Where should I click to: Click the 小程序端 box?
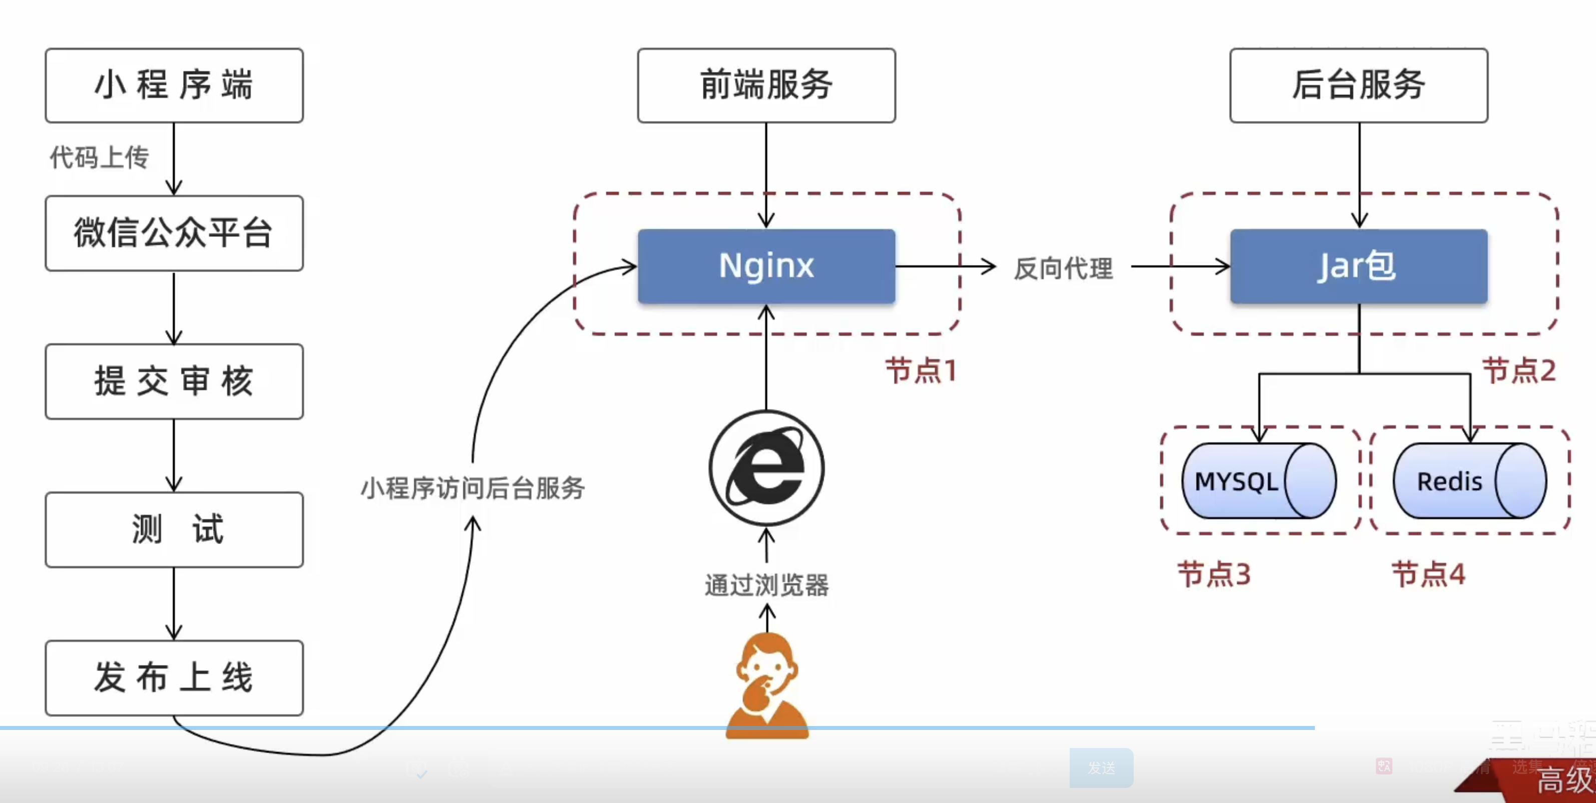174,85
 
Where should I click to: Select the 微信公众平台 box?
174,233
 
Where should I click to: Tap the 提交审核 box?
174,381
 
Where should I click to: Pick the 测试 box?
174,530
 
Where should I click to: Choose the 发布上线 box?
174,678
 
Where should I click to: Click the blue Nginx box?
766,266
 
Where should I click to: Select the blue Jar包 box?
1359,266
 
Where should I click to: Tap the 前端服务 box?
766,85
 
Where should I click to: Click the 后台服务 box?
1359,85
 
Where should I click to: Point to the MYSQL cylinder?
1258,481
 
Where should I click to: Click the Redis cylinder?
1469,481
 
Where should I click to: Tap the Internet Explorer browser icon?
766,468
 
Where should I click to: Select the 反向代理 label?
1063,268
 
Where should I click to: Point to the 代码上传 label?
100,157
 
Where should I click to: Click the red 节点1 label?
921,371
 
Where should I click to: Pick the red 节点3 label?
1214,574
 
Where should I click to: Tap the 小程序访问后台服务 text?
473,488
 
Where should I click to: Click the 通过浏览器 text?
766,585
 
